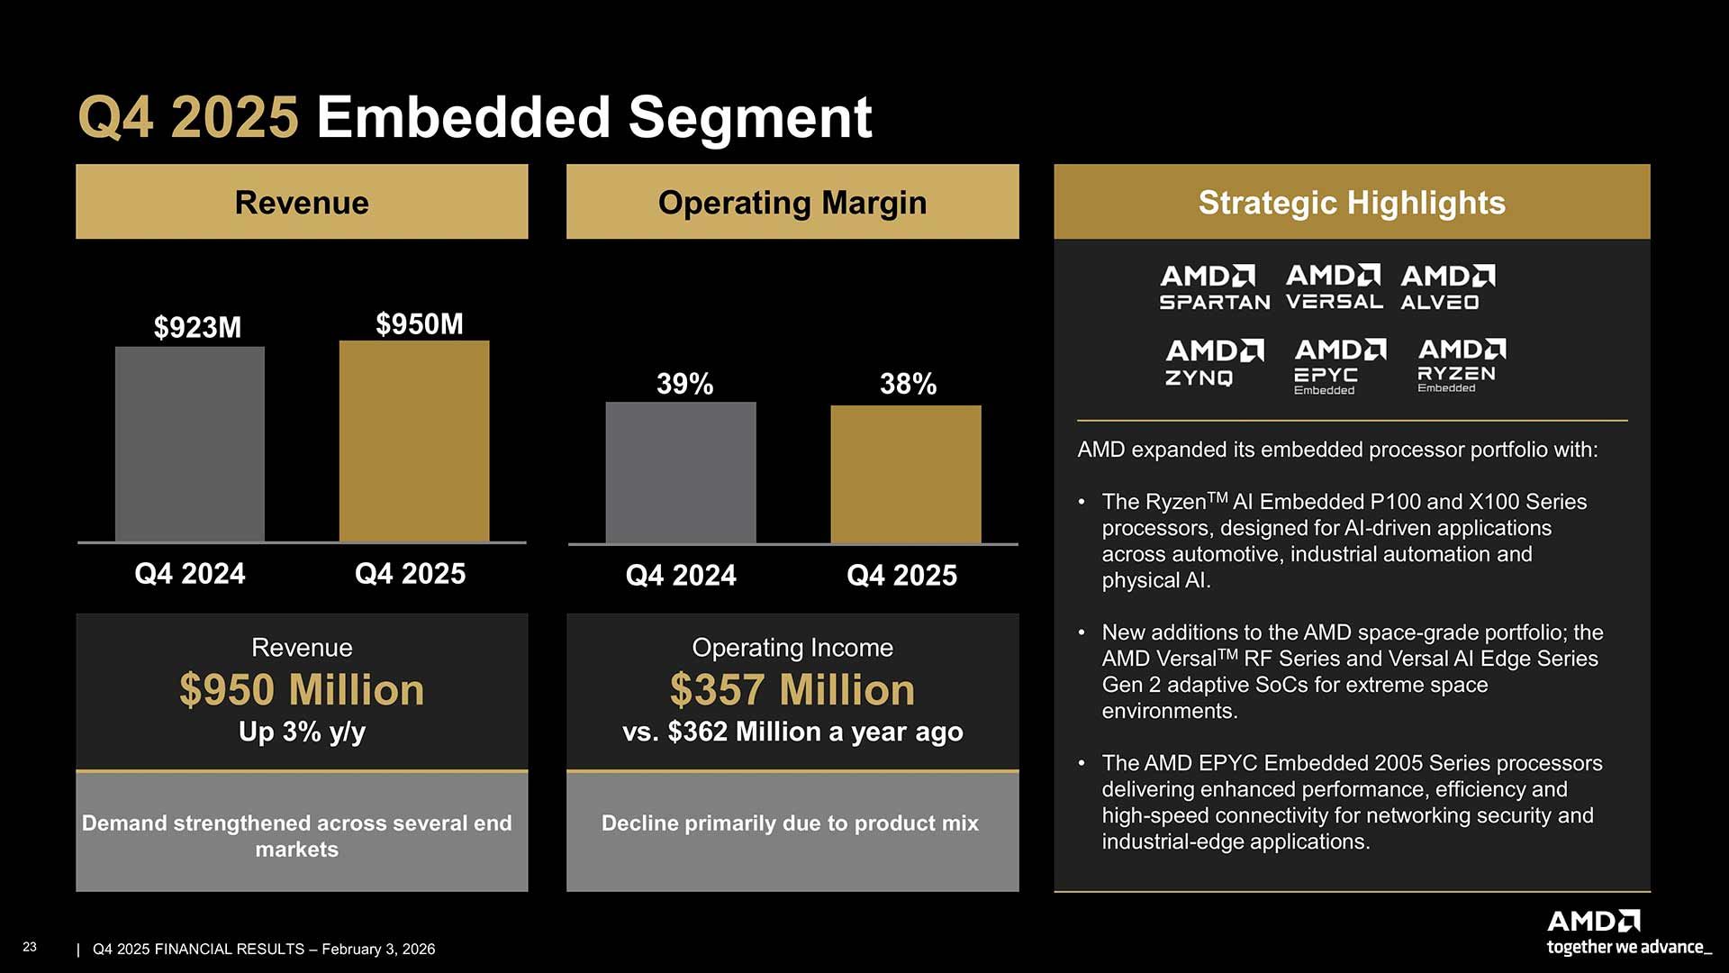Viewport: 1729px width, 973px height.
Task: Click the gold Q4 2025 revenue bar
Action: click(414, 441)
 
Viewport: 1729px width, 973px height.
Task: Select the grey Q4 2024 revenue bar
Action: click(190, 444)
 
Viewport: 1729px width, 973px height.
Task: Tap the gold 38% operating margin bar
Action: click(906, 475)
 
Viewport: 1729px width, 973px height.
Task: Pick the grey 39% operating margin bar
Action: click(681, 473)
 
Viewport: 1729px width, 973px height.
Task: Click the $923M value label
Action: click(197, 327)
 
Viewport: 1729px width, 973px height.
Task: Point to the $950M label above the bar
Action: click(419, 323)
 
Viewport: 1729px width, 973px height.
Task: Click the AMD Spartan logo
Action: click(1214, 287)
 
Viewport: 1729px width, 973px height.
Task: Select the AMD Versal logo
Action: click(1335, 287)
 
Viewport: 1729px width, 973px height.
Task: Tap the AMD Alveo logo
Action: click(1446, 287)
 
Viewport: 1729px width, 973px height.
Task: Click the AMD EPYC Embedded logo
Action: click(1339, 366)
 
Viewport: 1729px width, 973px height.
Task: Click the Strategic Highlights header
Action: click(1351, 202)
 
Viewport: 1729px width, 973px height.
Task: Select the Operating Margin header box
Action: click(792, 202)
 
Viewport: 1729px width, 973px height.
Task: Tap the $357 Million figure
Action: click(792, 690)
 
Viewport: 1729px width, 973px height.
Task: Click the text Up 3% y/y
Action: click(302, 732)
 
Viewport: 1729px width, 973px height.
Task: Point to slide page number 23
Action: click(30, 947)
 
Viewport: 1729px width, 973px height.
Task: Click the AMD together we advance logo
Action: click(1625, 932)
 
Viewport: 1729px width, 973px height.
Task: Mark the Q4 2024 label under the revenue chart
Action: click(189, 574)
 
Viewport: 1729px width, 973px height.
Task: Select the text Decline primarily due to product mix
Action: click(790, 823)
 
